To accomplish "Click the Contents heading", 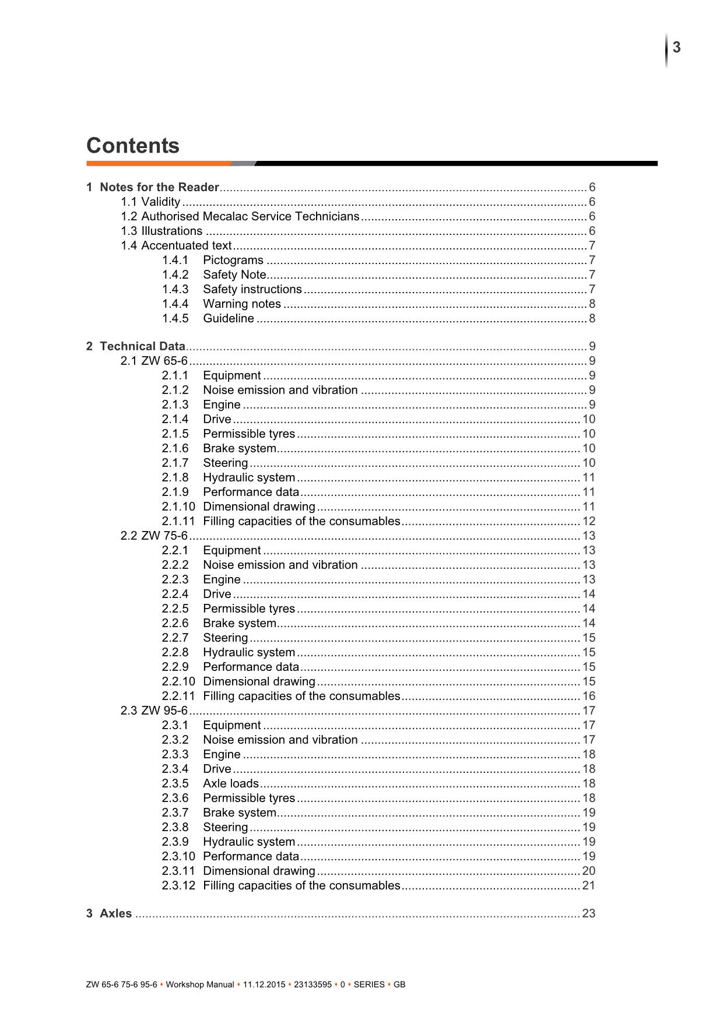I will coord(133,146).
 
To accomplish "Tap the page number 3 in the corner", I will coord(676,47).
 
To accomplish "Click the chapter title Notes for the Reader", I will coord(159,187).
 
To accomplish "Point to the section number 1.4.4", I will coord(175,304).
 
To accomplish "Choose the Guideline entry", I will coord(229,318).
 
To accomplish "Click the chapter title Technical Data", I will coord(142,346).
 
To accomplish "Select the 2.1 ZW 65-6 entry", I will coord(155,361).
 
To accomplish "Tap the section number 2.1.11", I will coord(178,521).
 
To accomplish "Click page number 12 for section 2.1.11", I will coord(589,521).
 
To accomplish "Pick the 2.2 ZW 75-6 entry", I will coord(155,536).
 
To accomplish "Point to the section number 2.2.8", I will coord(175,652).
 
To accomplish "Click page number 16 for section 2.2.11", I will coord(589,696).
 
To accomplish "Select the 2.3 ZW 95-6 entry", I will coord(155,711).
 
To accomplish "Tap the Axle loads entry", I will coord(231,783).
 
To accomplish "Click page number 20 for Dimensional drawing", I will coord(589,871).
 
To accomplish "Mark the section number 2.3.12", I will coord(178,885).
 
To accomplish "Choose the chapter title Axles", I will coord(115,913).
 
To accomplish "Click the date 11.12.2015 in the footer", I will coord(264,985).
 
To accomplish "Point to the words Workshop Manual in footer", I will coord(200,985).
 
